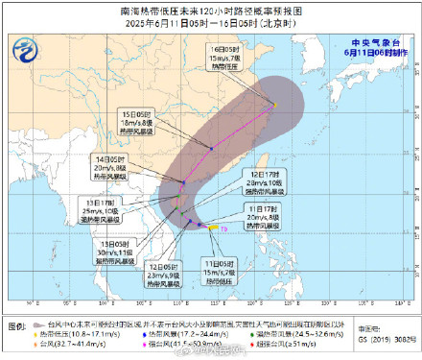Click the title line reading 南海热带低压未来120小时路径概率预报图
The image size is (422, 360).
click(211, 9)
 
